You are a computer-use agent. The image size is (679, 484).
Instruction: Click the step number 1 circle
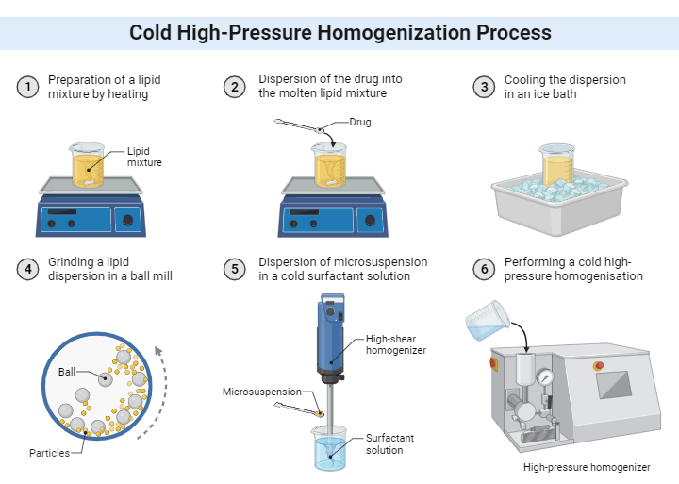[28, 87]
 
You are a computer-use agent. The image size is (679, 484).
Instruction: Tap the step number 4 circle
[28, 269]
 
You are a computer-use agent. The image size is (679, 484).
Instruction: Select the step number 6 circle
[485, 269]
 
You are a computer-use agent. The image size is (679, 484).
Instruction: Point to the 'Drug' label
[361, 122]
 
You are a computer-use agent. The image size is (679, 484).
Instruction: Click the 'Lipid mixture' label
[144, 157]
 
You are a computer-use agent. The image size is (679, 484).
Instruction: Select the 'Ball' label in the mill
[67, 371]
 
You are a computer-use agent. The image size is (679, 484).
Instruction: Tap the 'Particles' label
[49, 453]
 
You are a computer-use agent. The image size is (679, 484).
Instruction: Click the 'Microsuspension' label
[261, 392]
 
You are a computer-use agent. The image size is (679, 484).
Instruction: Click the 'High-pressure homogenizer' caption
[587, 467]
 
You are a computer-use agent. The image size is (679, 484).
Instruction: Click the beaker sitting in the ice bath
[556, 164]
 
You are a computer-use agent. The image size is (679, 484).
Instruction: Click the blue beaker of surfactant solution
[331, 448]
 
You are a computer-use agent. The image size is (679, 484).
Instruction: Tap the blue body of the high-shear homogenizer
[331, 340]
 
